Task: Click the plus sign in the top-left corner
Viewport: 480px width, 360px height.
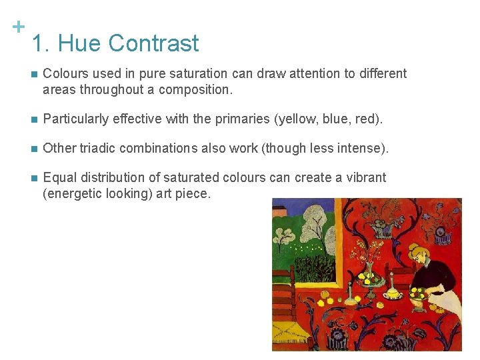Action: tap(19, 27)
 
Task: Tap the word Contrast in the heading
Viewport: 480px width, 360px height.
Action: tap(154, 44)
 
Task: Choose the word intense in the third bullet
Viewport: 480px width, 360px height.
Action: tap(363, 148)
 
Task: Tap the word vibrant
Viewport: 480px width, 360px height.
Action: tap(365, 177)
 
